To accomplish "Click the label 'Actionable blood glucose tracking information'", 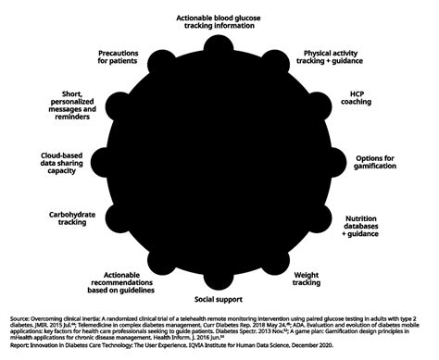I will [220, 22].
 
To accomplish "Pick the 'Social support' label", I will [219, 300].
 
